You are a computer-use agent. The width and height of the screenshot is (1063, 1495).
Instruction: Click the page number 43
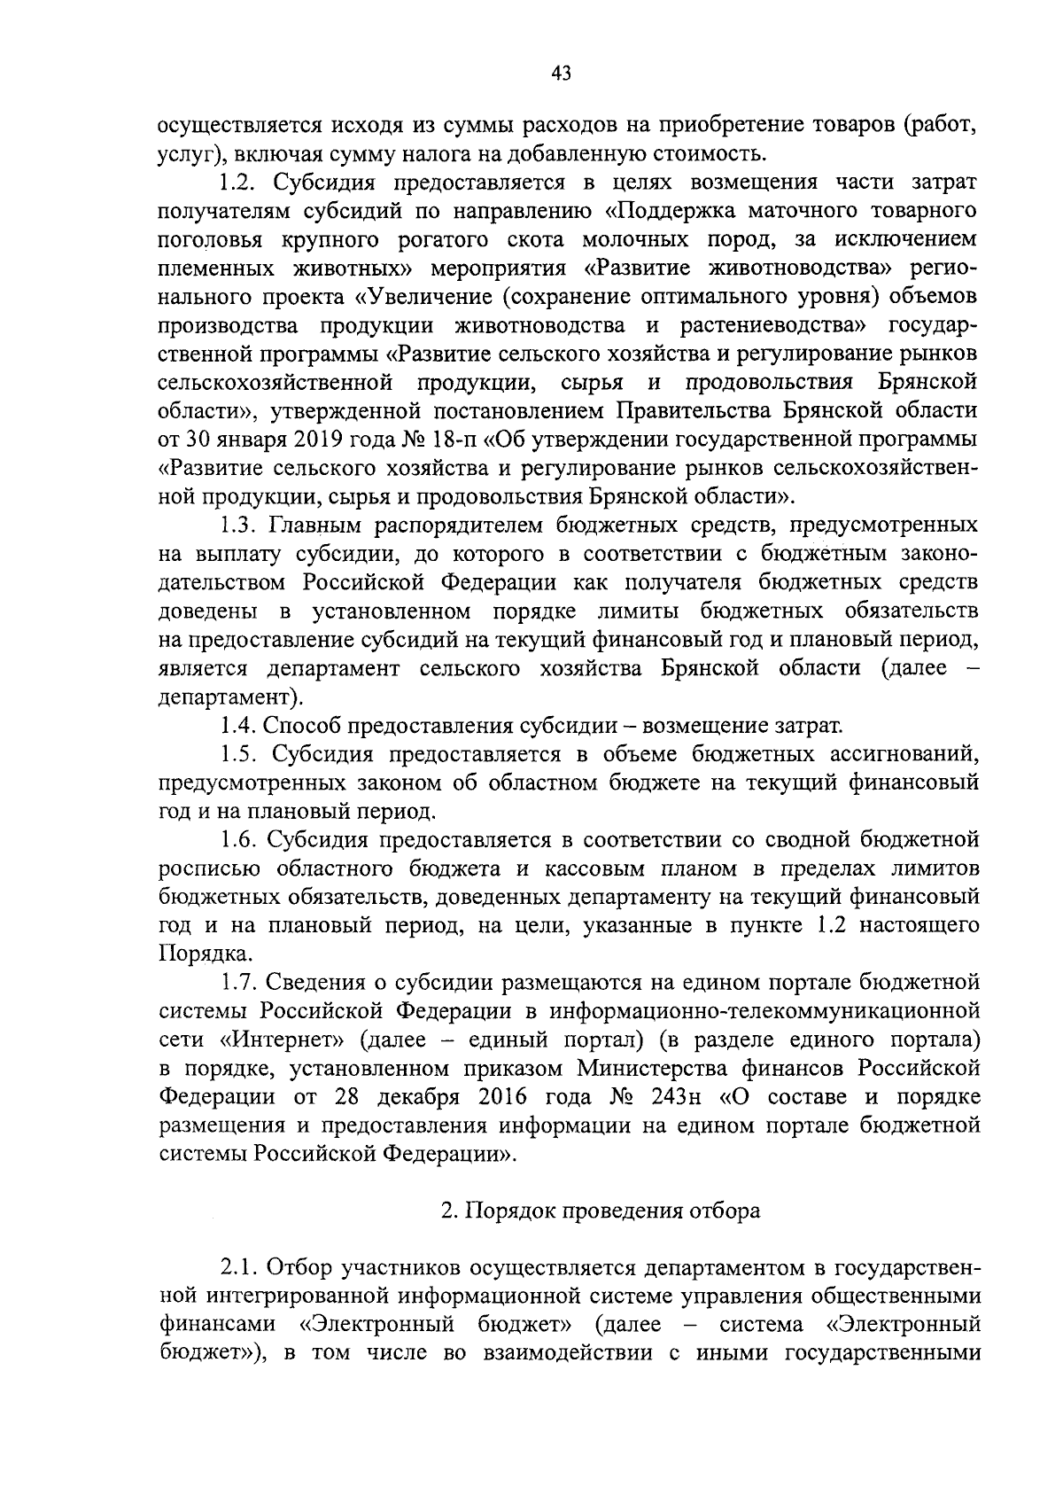coord(561,73)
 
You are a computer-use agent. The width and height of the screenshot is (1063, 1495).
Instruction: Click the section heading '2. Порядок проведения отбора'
coord(601,1211)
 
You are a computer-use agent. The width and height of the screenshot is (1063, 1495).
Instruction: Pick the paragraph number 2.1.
coord(239,1267)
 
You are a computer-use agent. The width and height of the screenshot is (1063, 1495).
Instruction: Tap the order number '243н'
coord(675,1097)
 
